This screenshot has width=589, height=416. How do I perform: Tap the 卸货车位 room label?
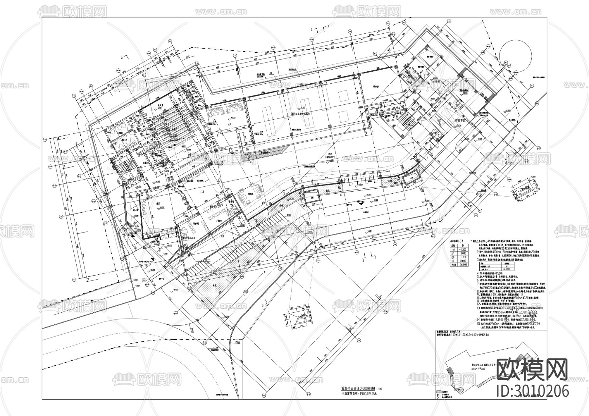click(460, 120)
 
